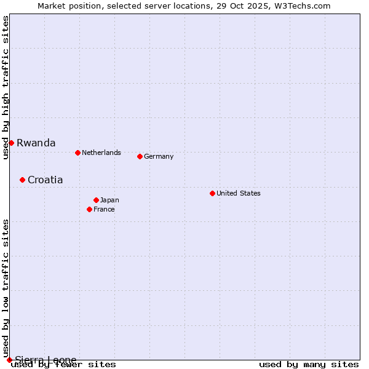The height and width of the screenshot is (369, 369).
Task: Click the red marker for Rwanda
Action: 11,143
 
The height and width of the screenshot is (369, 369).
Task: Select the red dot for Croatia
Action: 22,180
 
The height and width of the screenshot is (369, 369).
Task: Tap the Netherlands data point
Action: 77,153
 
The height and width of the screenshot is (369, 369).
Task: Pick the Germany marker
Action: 140,156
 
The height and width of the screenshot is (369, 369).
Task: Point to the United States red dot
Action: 212,193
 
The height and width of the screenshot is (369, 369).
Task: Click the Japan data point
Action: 96,200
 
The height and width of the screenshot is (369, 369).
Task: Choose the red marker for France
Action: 89,209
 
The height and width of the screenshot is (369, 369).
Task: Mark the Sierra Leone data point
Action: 9,360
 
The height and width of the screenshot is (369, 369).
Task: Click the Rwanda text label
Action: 36,143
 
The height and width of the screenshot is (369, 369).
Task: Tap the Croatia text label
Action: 45,180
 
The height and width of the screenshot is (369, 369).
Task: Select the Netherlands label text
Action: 101,153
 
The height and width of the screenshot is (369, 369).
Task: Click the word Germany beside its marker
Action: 159,156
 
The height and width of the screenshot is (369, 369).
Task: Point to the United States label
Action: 239,193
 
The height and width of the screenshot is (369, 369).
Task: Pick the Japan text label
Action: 109,200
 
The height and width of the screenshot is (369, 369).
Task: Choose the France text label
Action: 104,209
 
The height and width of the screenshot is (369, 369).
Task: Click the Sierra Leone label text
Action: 46,360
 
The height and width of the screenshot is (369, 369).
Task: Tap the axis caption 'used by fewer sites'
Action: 63,365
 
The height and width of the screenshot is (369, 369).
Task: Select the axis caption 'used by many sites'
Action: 309,365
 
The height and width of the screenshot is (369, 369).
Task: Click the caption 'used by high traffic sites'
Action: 6,87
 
